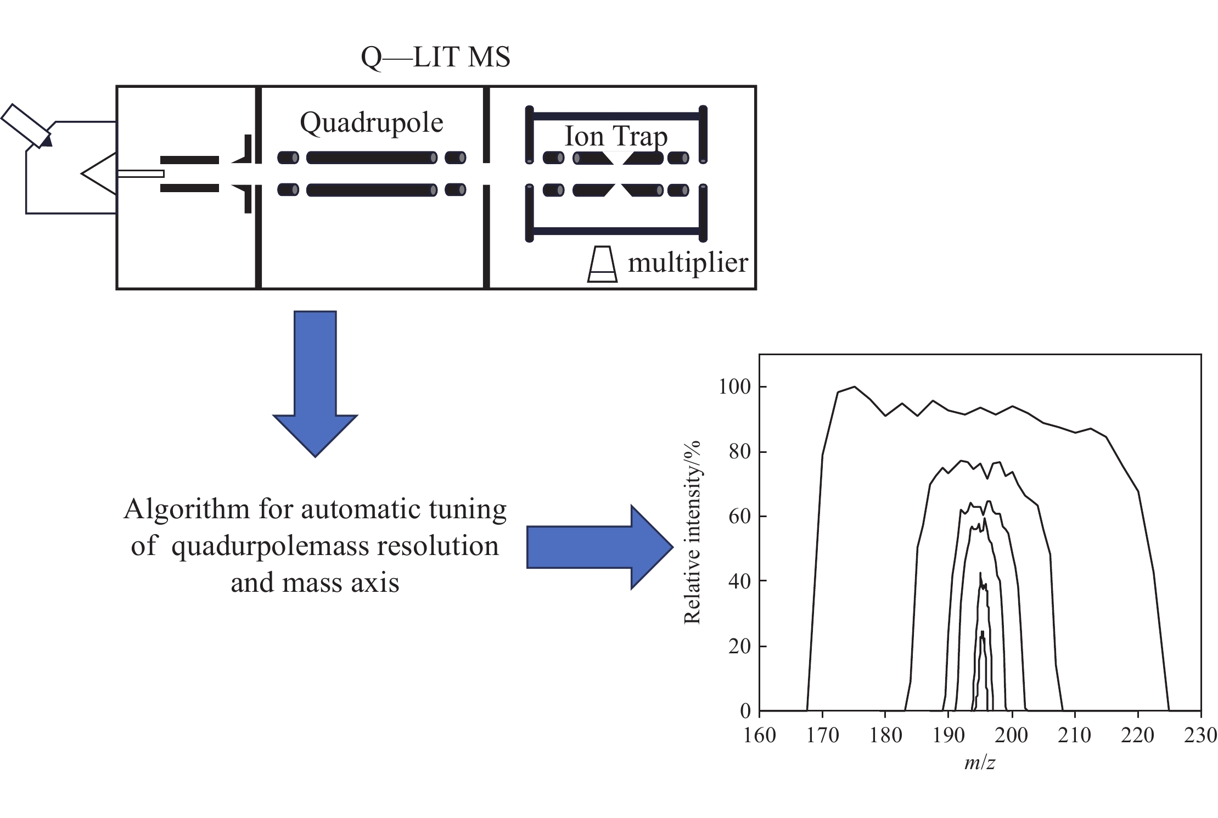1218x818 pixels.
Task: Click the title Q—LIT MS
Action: pyautogui.click(x=435, y=57)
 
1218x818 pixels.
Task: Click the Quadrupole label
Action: pyautogui.click(x=372, y=122)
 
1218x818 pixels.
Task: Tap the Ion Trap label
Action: pyautogui.click(x=616, y=137)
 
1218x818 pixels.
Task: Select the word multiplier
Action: pyautogui.click(x=688, y=262)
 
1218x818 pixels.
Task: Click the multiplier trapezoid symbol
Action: pyautogui.click(x=602, y=264)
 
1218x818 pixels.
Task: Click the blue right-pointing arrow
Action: pyautogui.click(x=599, y=547)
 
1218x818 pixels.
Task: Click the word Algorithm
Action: pyautogui.click(x=187, y=510)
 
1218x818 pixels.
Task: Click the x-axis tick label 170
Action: pyautogui.click(x=822, y=735)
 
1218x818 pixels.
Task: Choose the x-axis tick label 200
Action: pyautogui.click(x=1012, y=735)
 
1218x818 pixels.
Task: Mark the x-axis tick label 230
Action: pyautogui.click(x=1200, y=735)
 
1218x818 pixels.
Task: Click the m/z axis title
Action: pyautogui.click(x=980, y=763)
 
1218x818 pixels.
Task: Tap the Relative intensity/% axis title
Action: pyautogui.click(x=693, y=533)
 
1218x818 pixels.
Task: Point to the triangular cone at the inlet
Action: pyautogui.click(x=99, y=173)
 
